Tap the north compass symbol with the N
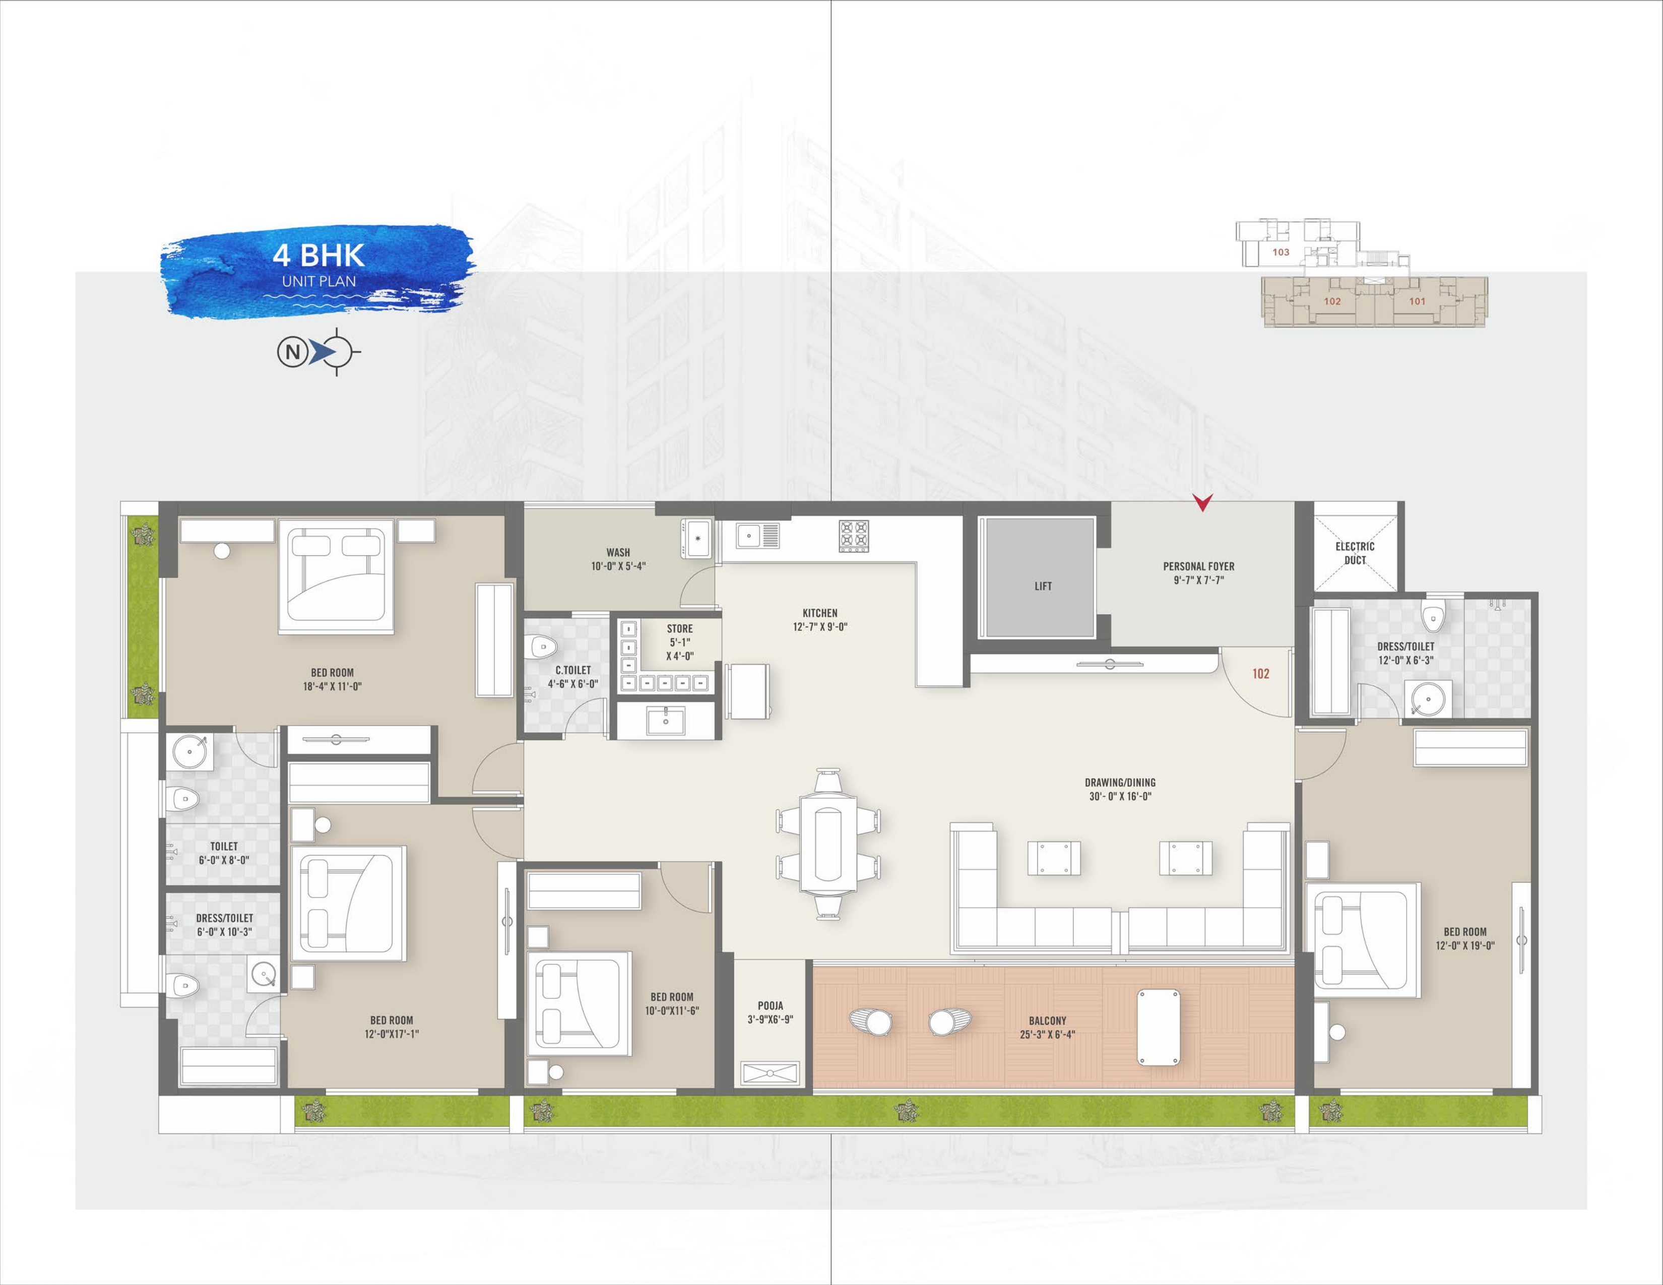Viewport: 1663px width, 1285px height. [x=318, y=352]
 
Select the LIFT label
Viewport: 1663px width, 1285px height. [x=1043, y=586]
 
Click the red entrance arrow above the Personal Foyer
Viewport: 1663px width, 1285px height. [x=1202, y=502]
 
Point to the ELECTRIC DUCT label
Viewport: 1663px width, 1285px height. [x=1355, y=553]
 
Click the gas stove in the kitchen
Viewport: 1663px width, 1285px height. [x=854, y=536]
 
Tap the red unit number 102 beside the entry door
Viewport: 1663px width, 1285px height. [x=1260, y=674]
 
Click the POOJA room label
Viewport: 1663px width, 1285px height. [x=771, y=1006]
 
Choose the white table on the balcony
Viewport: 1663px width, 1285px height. [x=1158, y=1027]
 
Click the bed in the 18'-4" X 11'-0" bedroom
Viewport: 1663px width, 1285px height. [x=336, y=576]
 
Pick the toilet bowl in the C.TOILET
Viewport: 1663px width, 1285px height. [x=543, y=647]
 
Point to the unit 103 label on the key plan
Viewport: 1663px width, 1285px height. [x=1281, y=252]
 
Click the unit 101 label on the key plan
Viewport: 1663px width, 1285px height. [x=1417, y=301]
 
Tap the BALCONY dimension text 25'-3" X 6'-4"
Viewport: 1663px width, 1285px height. [x=1047, y=1035]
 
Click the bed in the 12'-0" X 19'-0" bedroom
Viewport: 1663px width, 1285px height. [x=1363, y=940]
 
